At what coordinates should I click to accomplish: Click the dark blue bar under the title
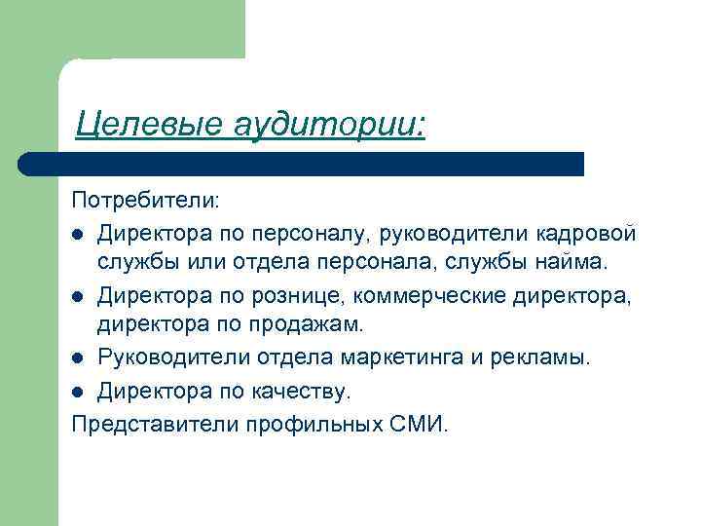pyautogui.click(x=302, y=164)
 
